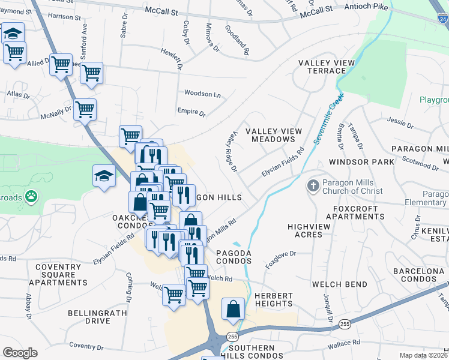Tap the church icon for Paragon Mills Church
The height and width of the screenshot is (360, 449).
[x=312, y=186]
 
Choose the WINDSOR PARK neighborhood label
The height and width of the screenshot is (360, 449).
[x=360, y=162]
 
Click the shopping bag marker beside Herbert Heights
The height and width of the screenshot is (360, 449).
[x=233, y=310]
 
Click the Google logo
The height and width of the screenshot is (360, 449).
[x=20, y=352]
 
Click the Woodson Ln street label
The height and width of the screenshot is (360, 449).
[x=202, y=94]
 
